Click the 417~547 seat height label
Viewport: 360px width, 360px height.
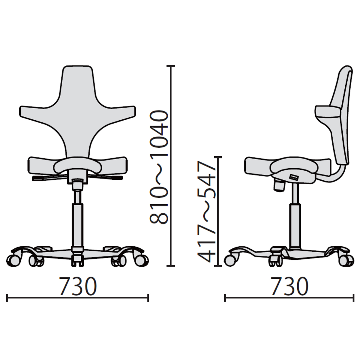(206, 212)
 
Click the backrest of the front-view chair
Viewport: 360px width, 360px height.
(78, 112)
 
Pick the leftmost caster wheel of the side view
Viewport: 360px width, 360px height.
(230, 260)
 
